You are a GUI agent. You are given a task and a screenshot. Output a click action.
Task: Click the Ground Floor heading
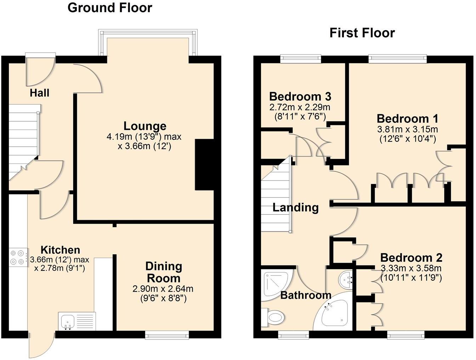point(110,7)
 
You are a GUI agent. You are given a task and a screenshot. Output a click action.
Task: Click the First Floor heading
point(362,33)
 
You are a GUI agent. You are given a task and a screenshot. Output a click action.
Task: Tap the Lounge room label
point(145,126)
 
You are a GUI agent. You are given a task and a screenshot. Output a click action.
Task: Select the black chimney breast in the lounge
point(204,165)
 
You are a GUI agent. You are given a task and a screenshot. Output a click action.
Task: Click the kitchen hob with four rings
point(18,257)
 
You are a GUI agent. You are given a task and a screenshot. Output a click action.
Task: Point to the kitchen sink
point(68,321)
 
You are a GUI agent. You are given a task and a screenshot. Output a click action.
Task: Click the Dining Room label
point(163,272)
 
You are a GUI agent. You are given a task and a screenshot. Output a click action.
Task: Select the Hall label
point(39,93)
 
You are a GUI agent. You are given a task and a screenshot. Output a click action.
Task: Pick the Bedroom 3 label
point(300,96)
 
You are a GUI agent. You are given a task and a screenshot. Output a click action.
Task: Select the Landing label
point(295,207)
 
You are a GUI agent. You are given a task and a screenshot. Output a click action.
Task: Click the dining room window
point(167,335)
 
